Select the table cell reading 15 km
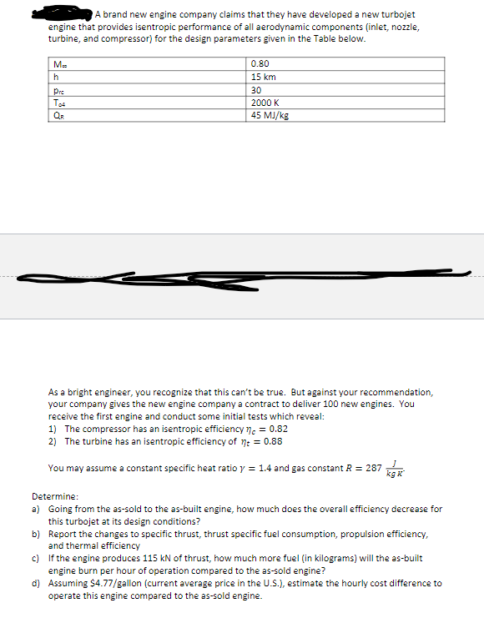tap(263, 77)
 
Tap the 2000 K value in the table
tap(265, 103)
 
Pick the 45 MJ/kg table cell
tap(270, 115)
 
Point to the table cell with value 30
tap(256, 90)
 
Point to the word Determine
tap(54, 495)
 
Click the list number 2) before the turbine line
tap(54, 441)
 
